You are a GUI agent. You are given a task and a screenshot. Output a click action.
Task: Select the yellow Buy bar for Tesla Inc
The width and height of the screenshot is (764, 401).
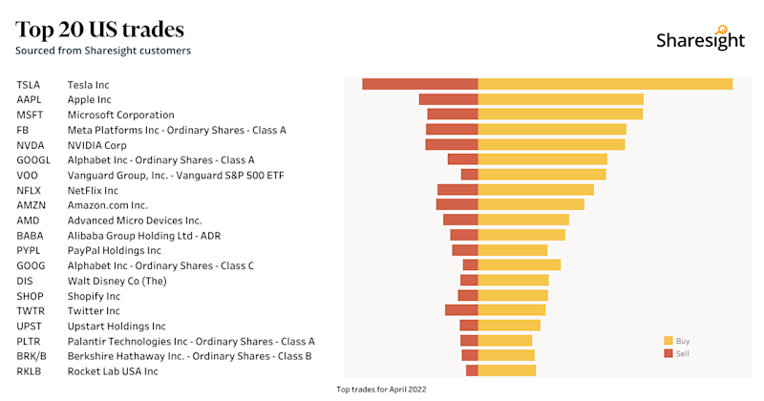click(x=605, y=84)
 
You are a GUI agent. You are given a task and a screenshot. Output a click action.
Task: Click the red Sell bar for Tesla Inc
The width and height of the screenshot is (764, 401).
click(x=420, y=84)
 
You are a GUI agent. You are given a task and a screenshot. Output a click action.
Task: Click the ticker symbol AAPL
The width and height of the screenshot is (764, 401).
click(x=30, y=99)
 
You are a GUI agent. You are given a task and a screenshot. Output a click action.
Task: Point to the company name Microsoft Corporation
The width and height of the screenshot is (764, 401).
click(x=120, y=115)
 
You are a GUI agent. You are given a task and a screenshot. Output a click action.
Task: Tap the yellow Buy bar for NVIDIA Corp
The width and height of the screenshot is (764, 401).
click(x=551, y=144)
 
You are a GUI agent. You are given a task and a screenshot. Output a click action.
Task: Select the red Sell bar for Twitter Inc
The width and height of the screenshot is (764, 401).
click(x=461, y=310)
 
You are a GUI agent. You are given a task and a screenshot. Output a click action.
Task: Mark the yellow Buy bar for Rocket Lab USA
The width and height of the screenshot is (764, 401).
click(x=506, y=370)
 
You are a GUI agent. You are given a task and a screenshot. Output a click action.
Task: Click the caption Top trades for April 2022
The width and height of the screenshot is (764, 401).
click(x=382, y=390)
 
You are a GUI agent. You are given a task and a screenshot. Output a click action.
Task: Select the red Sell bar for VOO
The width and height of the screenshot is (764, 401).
click(x=469, y=175)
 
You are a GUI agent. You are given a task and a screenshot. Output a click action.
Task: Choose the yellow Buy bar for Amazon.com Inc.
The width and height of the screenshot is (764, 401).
click(x=531, y=204)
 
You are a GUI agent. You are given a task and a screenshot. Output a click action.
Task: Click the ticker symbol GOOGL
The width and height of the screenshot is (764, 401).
click(x=33, y=160)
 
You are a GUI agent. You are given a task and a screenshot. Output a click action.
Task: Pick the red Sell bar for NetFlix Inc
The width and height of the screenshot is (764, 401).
click(x=457, y=190)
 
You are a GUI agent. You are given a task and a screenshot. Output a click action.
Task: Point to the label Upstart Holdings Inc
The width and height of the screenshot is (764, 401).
click(x=116, y=326)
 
